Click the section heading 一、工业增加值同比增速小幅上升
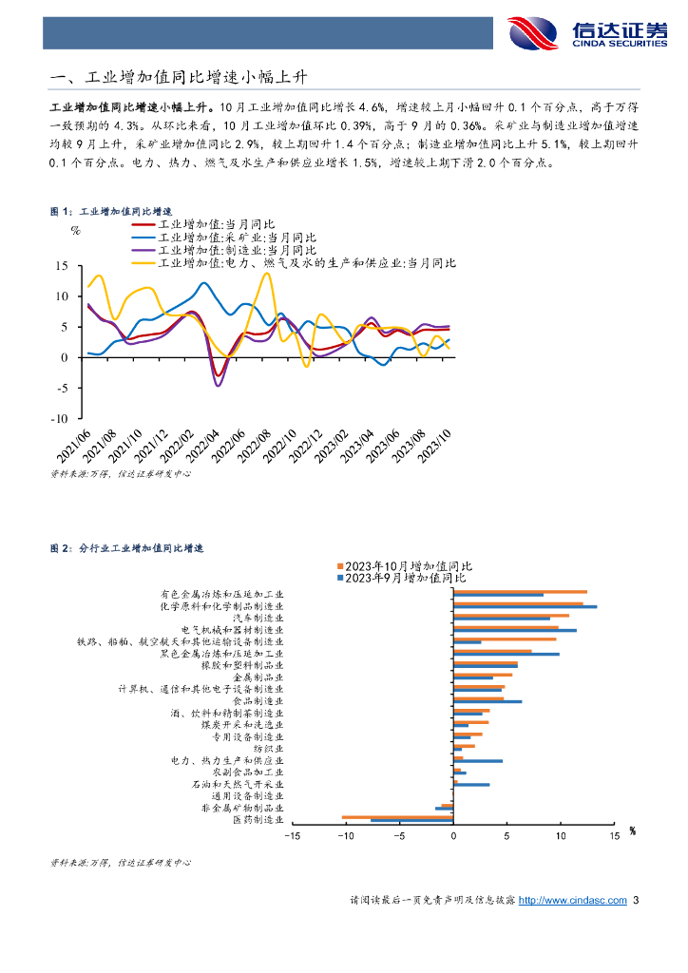click(180, 77)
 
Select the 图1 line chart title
click(111, 211)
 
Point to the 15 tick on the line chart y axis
click(63, 266)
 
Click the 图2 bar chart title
click(127, 548)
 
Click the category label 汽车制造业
click(258, 618)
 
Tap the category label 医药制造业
click(258, 819)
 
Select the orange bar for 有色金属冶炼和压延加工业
click(520, 592)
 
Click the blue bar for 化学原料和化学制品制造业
click(525, 607)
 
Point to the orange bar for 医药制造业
click(397, 816)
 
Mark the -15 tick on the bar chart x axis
click(292, 836)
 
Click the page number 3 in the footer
click(636, 900)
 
